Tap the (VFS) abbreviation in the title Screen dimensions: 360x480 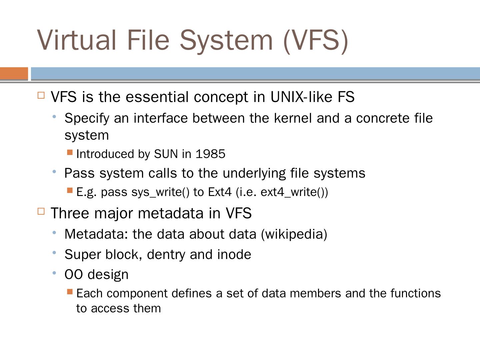point(316,40)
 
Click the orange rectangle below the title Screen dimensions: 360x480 point(14,73)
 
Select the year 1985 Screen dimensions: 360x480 point(210,154)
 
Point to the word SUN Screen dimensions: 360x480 point(166,154)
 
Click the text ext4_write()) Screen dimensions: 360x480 point(294,192)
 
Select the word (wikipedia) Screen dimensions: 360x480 point(294,234)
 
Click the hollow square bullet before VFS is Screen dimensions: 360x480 point(41,95)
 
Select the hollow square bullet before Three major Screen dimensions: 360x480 point(41,211)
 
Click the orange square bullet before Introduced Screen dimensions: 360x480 point(70,152)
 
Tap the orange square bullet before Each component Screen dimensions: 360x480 point(70,292)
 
